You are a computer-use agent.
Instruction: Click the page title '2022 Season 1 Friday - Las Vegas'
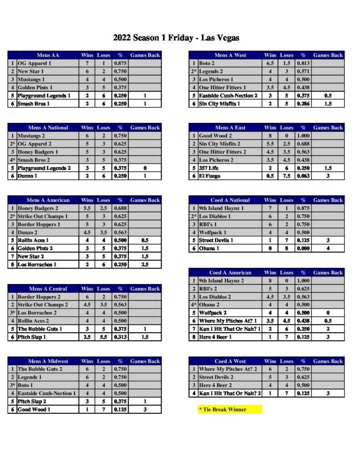176,38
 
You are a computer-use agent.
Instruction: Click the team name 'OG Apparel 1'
34,63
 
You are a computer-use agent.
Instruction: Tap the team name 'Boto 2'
207,63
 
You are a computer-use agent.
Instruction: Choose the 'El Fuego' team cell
210,176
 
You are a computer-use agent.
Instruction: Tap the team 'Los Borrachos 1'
37,264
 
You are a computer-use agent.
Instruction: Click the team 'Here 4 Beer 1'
216,337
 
